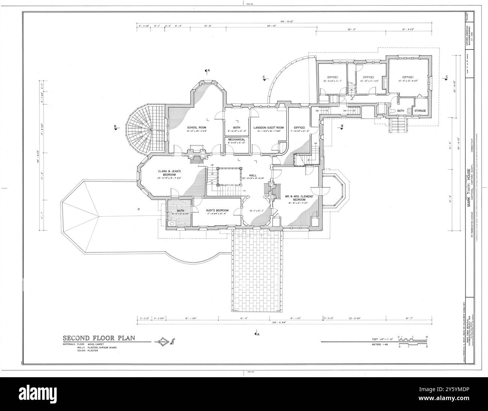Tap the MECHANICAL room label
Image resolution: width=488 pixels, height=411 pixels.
tap(236, 139)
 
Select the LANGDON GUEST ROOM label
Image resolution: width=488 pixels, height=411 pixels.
tap(268, 128)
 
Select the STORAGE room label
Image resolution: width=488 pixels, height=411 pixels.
tap(420, 111)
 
